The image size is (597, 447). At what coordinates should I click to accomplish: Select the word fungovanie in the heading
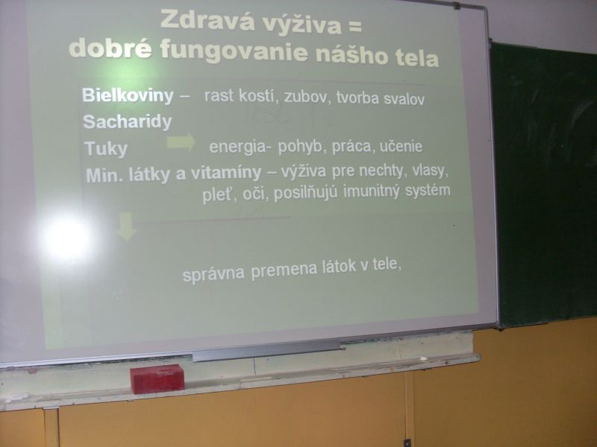(234, 51)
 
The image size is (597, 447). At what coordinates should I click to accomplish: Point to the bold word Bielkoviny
(128, 95)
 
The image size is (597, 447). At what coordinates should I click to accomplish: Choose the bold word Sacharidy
(128, 122)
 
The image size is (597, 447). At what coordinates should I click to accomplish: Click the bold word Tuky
(106, 148)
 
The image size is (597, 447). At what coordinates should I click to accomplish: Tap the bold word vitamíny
(226, 174)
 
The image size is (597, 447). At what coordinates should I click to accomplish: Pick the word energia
(237, 147)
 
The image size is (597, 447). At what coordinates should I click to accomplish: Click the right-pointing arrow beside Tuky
(181, 142)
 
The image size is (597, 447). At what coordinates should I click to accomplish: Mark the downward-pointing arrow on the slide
(126, 226)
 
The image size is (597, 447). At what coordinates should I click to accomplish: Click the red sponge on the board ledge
(157, 378)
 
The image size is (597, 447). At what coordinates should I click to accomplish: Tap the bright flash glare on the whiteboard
(66, 238)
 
